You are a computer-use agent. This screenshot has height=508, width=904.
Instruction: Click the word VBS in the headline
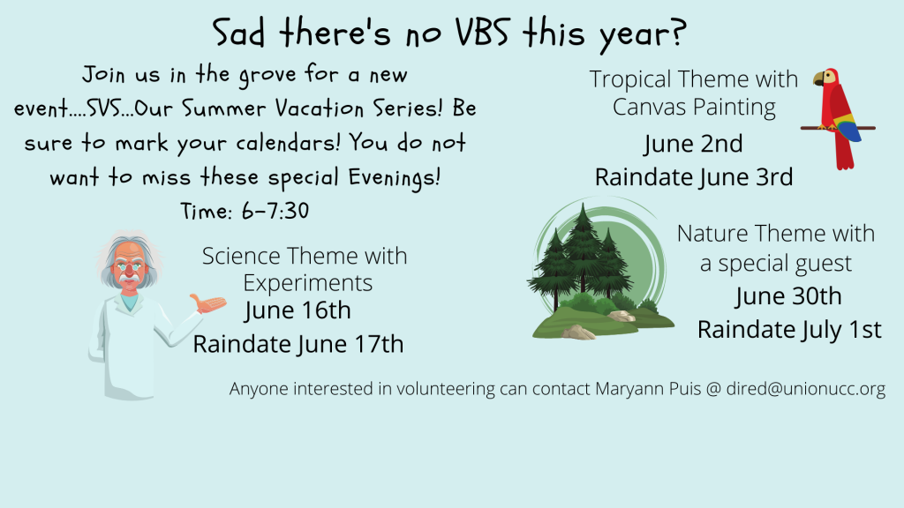pyautogui.click(x=483, y=32)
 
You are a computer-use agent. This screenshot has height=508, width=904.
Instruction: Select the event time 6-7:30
pyautogui.click(x=275, y=211)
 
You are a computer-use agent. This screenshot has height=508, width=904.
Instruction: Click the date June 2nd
pyautogui.click(x=694, y=144)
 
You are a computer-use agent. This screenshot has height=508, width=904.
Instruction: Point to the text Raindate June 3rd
pyautogui.click(x=694, y=176)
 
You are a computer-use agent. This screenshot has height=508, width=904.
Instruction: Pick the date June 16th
pyautogui.click(x=298, y=310)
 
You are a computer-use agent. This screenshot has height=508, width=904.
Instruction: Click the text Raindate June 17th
pyautogui.click(x=298, y=344)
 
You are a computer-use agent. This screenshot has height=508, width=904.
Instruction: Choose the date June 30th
pyautogui.click(x=788, y=296)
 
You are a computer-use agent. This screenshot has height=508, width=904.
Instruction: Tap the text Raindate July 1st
pyautogui.click(x=789, y=330)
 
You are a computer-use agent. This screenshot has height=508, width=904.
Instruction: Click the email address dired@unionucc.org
pyautogui.click(x=805, y=389)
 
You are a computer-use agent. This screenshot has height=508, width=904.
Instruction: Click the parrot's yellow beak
pyautogui.click(x=818, y=78)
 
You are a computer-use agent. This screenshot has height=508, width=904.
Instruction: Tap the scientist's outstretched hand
pyautogui.click(x=208, y=303)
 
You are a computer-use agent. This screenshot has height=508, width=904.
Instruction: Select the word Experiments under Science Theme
pyautogui.click(x=307, y=283)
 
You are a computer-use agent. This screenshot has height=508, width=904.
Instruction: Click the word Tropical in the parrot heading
pyautogui.click(x=630, y=79)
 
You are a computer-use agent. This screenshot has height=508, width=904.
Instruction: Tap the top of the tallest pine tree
pyautogui.click(x=584, y=205)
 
